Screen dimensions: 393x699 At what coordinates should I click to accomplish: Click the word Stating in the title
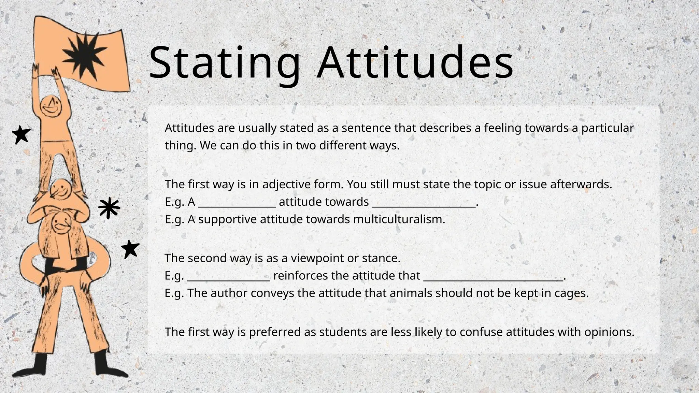(225, 63)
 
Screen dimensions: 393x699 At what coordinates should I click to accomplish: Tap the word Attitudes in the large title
(415, 63)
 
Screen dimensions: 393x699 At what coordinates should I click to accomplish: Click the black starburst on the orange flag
(84, 55)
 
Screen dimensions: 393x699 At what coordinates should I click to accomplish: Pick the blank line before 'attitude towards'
(237, 205)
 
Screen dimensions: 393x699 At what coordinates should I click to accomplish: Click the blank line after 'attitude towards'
(424, 205)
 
